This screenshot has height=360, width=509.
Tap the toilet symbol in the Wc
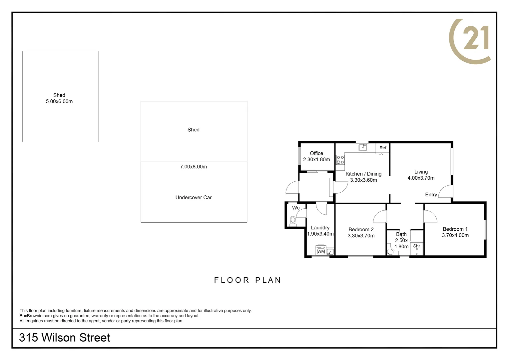293,221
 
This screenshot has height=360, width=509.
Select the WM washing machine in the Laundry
321,251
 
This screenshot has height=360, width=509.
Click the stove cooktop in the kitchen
340,160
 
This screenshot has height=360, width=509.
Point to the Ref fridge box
383,148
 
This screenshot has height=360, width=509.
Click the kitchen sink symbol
363,147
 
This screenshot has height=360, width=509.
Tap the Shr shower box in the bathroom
417,249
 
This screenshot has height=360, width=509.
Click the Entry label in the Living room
431,195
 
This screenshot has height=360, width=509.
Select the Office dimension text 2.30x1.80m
316,160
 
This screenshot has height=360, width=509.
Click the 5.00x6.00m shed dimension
59,101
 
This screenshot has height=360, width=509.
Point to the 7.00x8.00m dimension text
193,167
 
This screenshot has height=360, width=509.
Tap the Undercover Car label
193,197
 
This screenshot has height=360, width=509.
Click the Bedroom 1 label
455,229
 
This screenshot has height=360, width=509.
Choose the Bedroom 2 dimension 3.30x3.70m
361,236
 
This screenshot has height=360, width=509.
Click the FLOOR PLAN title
248,280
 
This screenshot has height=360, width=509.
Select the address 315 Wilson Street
65,338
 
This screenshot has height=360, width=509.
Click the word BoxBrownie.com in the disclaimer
36,316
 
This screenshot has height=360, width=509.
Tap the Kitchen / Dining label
363,174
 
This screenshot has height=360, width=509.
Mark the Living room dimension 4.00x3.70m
421,178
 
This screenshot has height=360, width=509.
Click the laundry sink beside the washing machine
330,252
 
